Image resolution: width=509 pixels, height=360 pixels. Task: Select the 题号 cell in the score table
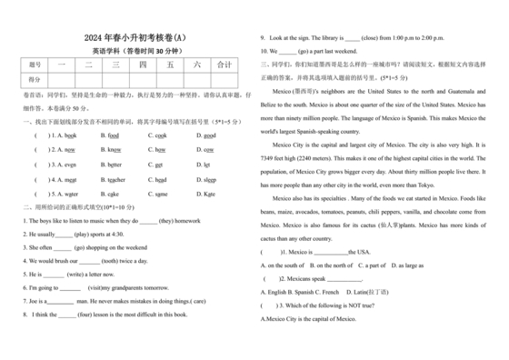pyautogui.click(x=35, y=65)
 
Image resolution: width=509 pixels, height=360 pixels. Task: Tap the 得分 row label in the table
pyautogui.click(x=35, y=80)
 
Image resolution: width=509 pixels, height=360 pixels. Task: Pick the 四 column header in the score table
pyautogui.click(x=143, y=65)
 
